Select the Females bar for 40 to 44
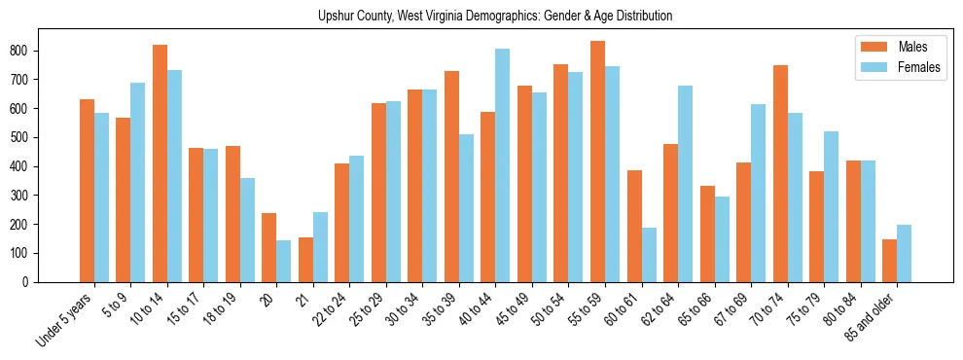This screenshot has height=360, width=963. click(x=503, y=165)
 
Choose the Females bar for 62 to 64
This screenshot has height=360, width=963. click(x=685, y=184)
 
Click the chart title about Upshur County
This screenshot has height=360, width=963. click(x=495, y=17)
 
